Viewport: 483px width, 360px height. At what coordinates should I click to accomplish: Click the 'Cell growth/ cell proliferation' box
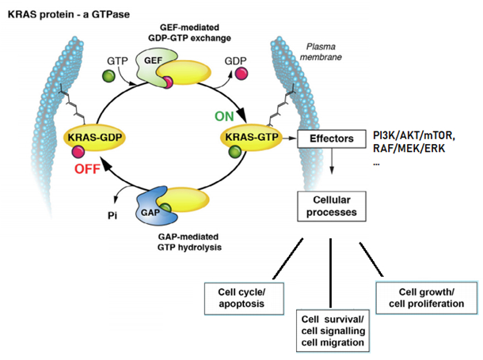[416, 297]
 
